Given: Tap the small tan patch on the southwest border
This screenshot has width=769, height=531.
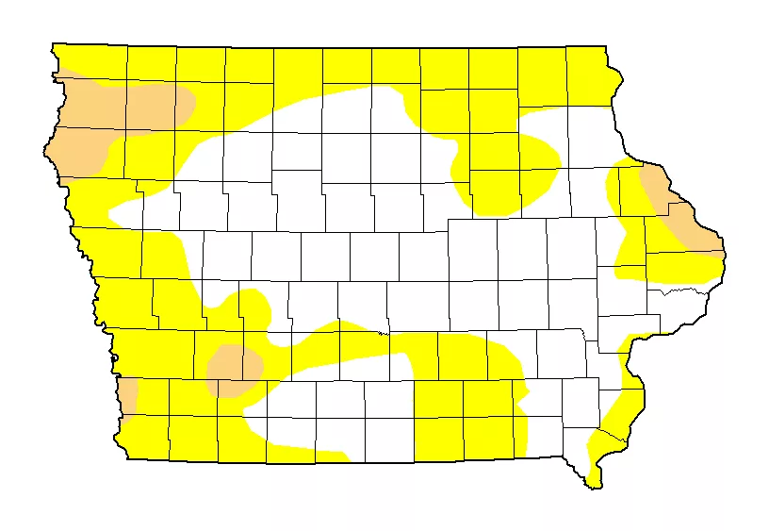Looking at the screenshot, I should [x=127, y=394].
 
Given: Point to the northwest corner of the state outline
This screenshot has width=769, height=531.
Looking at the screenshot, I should [x=53, y=43].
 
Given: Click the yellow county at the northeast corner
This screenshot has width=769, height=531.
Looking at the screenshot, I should [x=589, y=75].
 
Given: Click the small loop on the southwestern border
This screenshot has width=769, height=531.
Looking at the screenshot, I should [x=113, y=358].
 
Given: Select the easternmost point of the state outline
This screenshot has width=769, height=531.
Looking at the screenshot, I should [x=726, y=253].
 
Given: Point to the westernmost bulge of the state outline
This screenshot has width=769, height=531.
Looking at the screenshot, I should [x=45, y=149].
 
